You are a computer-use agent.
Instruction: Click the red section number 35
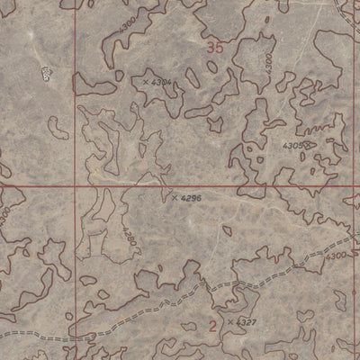(x=213, y=48)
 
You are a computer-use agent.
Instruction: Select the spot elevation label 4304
(x=162, y=82)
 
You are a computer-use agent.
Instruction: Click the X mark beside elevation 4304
(x=145, y=81)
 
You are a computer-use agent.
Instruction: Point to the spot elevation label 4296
(x=190, y=197)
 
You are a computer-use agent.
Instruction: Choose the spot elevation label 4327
(x=246, y=321)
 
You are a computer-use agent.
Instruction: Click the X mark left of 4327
(x=230, y=321)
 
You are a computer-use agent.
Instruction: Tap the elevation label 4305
(x=292, y=145)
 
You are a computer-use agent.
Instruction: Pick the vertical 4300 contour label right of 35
(x=267, y=62)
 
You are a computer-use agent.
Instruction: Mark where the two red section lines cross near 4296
(x=88, y=186)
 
